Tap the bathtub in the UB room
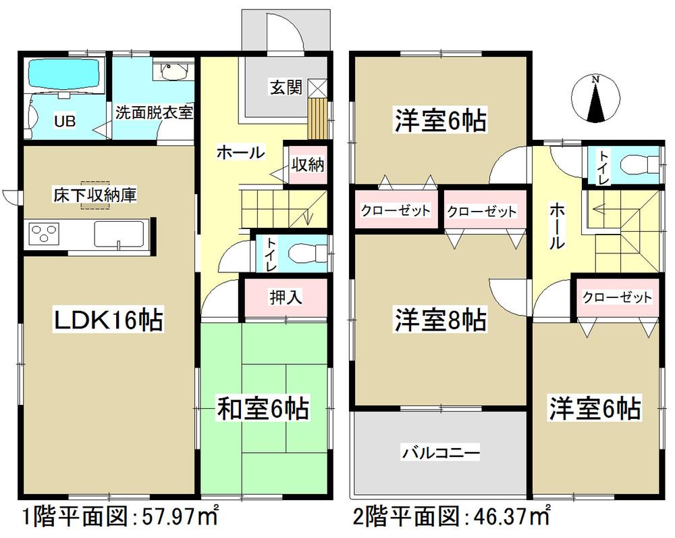tap(65, 76)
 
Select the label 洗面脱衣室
tap(154, 113)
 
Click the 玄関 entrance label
tap(286, 88)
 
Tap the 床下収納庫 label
tap(96, 197)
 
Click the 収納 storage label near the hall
tap(308, 165)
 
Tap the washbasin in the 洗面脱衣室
tap(174, 71)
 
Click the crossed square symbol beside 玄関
tap(317, 87)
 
